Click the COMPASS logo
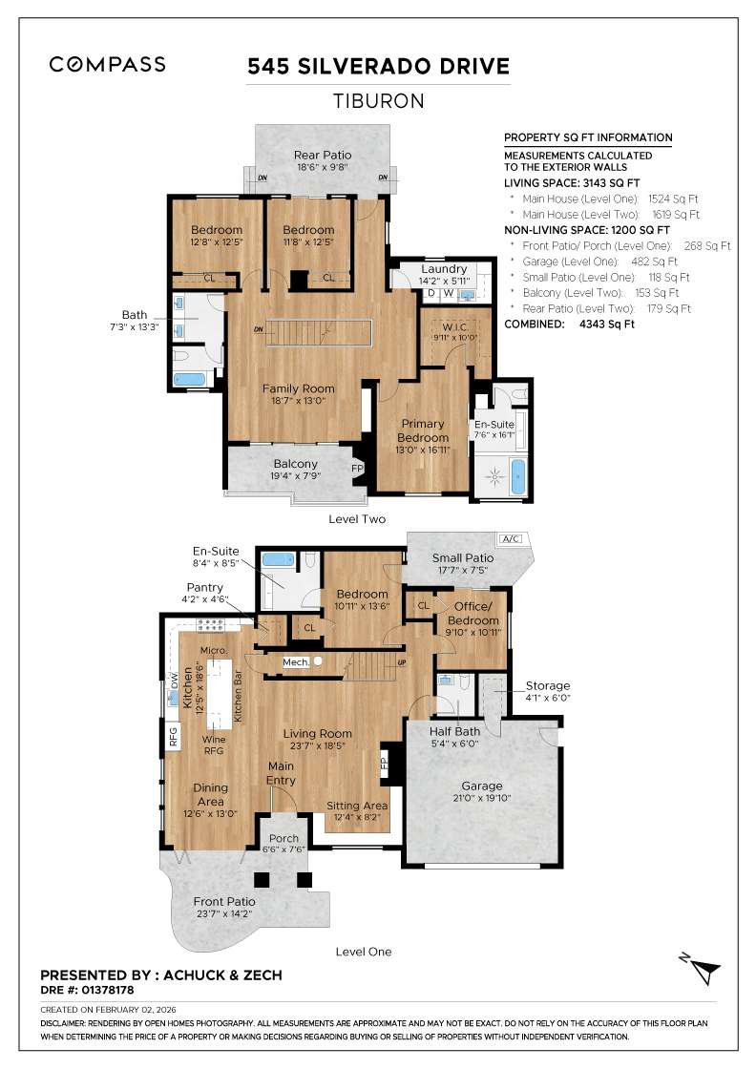point(107,65)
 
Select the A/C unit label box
point(512,539)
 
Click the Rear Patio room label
point(322,155)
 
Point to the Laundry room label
point(443,269)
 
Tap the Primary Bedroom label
point(423,431)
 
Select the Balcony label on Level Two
point(295,464)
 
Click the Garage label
point(481,786)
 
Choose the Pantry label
point(205,588)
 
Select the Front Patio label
point(224,901)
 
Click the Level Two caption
point(356,518)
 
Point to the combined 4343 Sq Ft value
point(607,325)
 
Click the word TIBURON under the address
point(377,101)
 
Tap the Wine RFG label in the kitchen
point(213,745)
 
